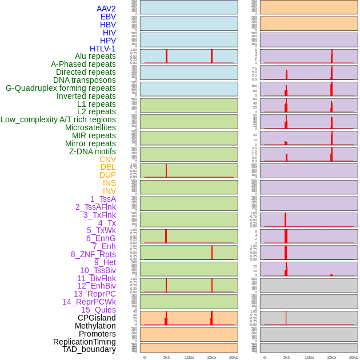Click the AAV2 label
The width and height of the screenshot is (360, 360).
(106, 9)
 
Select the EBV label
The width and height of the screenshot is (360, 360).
(108, 17)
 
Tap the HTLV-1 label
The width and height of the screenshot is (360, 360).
(103, 49)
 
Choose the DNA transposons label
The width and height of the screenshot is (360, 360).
(85, 80)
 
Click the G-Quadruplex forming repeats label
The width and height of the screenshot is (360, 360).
(61, 88)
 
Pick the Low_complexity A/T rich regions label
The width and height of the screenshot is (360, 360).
(58, 119)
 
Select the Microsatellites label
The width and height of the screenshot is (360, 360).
(90, 127)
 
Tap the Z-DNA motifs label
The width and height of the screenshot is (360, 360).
(93, 151)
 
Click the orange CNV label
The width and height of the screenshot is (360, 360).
(107, 159)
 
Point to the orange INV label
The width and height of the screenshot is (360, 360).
(109, 191)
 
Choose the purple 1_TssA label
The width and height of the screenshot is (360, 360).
(103, 199)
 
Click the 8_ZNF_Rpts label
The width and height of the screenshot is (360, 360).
(93, 254)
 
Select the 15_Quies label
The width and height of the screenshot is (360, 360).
(98, 310)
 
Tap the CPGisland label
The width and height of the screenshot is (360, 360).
(97, 318)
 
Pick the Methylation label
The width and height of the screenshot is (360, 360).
(95, 326)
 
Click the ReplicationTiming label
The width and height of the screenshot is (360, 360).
(85, 342)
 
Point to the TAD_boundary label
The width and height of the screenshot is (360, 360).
(89, 349)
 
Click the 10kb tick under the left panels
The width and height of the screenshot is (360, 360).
(189, 357)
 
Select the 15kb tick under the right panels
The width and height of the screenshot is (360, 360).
(331, 357)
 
